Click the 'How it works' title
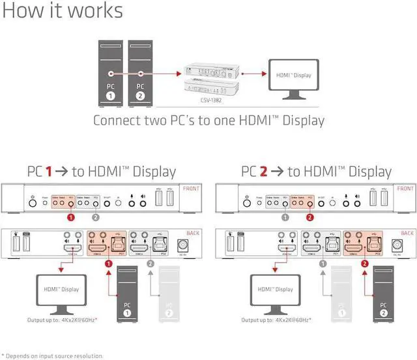(62, 11)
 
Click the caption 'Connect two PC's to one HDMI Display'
(208, 121)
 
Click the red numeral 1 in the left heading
(48, 172)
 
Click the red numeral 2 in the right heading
(262, 172)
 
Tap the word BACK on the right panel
(407, 233)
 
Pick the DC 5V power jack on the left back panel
(183, 246)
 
